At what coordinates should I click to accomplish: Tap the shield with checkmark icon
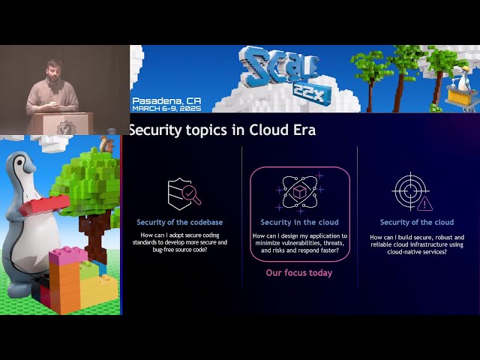tap(183, 193)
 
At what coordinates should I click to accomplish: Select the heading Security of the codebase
tap(179, 222)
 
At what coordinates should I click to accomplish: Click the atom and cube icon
tap(299, 192)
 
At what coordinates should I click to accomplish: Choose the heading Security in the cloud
tap(299, 222)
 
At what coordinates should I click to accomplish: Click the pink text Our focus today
tap(299, 273)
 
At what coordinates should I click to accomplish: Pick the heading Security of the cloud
tap(416, 222)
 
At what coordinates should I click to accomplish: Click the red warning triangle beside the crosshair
tap(425, 203)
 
